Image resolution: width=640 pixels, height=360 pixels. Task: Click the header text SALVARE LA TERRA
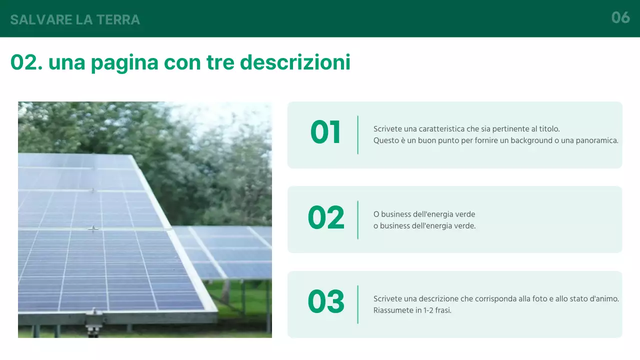pos(75,19)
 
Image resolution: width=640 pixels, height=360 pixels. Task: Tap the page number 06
pos(620,18)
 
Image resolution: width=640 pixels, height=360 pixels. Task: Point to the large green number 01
pos(325,133)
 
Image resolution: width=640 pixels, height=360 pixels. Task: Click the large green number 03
pos(326,302)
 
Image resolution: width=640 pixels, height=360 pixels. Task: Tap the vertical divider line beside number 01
pos(358,135)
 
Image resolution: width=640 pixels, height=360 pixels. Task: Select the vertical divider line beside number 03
pos(358,304)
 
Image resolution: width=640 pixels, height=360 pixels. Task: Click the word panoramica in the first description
pos(597,140)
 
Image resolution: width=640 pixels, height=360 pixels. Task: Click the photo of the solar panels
pos(145,219)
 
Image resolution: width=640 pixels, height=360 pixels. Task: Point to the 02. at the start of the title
pos(27,62)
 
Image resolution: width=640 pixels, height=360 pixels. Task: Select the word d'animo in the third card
pos(604,299)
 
